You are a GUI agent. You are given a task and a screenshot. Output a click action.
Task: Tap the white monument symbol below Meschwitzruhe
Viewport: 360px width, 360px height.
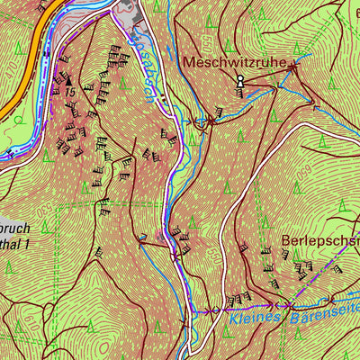pos(239,82)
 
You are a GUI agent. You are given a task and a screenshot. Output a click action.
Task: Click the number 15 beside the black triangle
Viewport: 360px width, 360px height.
pos(69,92)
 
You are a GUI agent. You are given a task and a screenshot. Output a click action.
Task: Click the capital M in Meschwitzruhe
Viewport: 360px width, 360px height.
pos(188,63)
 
